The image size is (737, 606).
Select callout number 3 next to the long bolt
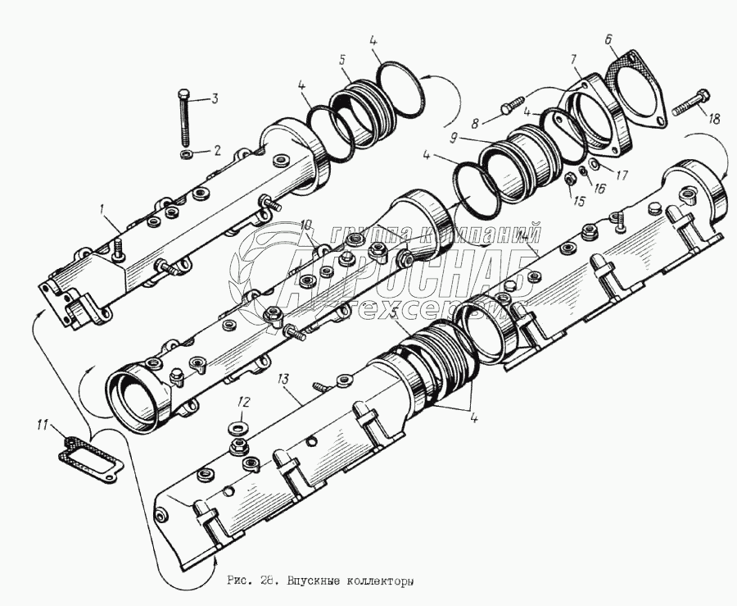pos(215,99)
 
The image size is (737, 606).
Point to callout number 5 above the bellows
pos(343,59)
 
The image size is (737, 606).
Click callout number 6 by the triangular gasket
pos(608,39)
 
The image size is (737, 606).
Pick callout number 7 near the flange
pos(574,60)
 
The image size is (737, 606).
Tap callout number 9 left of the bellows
pos(452,137)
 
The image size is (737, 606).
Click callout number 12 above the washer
pos(242,401)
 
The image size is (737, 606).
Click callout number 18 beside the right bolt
pos(714,118)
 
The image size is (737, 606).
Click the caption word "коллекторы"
pos(373,581)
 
